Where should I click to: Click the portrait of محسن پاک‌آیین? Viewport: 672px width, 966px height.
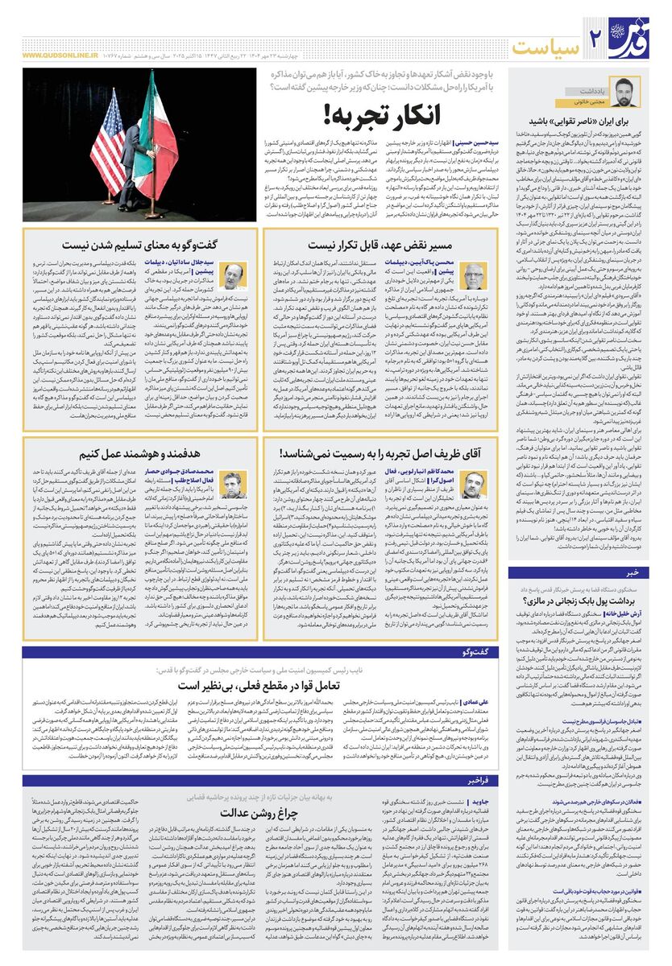(x=475, y=276)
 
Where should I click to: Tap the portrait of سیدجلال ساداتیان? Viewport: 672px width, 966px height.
(x=234, y=276)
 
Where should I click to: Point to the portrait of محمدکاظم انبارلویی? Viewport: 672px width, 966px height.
(x=475, y=486)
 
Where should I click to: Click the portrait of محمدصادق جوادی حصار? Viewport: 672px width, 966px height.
(x=234, y=486)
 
